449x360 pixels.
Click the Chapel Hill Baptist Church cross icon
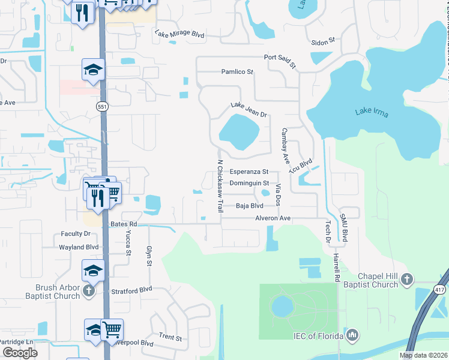(x=407, y=279)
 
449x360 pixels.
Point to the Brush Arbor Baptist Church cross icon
(x=89, y=291)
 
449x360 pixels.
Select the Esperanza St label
(x=249, y=172)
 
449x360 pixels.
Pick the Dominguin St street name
(x=249, y=183)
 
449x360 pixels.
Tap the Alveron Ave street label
(x=273, y=218)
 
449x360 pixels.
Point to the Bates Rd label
(x=124, y=224)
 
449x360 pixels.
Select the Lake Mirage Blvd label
(x=179, y=34)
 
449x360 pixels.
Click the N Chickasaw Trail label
(x=220, y=186)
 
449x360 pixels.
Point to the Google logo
(x=20, y=352)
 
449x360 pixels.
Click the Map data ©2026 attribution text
(x=424, y=355)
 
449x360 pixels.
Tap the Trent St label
(x=170, y=338)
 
